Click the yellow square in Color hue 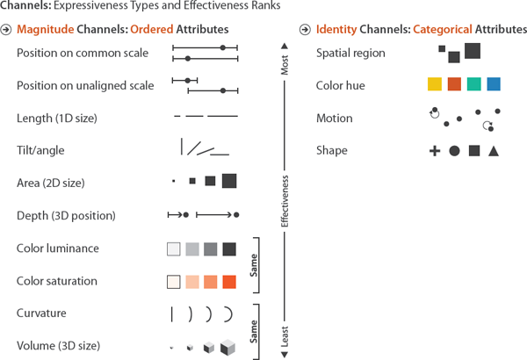pos(434,84)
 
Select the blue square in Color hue pos(494,84)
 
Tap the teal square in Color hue pos(473,84)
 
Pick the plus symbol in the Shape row pos(434,151)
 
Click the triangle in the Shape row pos(494,151)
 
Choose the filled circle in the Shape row pos(454,151)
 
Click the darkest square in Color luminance pos(229,249)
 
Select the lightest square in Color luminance pos(173,249)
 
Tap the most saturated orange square pos(229,282)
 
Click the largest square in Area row pos(229,181)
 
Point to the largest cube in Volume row pos(227,347)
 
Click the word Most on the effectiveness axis pos(283,67)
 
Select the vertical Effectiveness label pos(283,201)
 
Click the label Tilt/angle pos(40,150)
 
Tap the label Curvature pos(41,313)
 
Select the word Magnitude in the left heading pos(42,30)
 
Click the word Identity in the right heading pos(337,30)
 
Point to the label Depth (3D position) pos(66,215)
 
